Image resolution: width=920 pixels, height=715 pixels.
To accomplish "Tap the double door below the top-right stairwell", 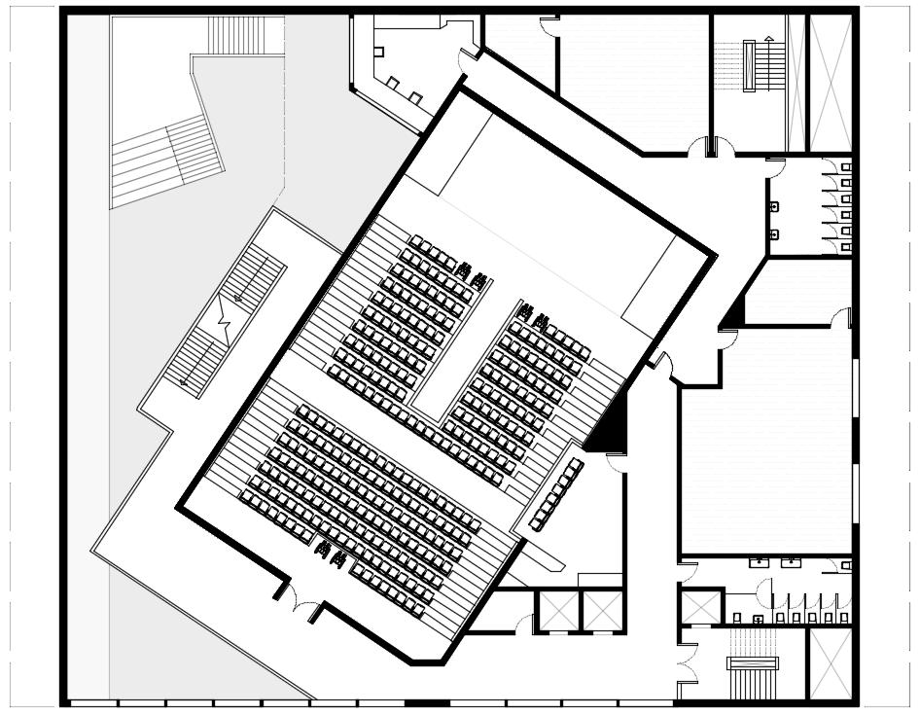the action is coord(711,149).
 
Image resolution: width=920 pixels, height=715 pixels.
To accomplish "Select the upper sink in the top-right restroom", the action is coord(774,206).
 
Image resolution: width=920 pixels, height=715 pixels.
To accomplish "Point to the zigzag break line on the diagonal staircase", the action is coord(226,316).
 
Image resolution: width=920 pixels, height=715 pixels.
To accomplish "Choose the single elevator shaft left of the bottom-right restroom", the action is coord(699,608).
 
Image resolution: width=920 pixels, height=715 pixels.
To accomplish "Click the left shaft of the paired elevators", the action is coord(558,610).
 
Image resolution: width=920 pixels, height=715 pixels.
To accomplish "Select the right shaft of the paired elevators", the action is coord(601,610).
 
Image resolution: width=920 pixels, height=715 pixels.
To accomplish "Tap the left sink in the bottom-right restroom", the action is coord(757,561).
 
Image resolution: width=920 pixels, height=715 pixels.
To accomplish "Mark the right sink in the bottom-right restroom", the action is coord(792,561).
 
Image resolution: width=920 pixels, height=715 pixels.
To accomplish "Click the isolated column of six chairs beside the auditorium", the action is coord(556,494).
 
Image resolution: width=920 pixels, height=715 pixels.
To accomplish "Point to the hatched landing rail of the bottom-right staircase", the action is coord(752,663).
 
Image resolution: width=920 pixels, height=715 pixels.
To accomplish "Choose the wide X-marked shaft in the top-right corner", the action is coord(830,82).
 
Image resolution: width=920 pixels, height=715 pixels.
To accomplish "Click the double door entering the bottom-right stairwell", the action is coord(688,662).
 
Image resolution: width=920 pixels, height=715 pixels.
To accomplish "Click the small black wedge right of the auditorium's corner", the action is coord(733,313).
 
